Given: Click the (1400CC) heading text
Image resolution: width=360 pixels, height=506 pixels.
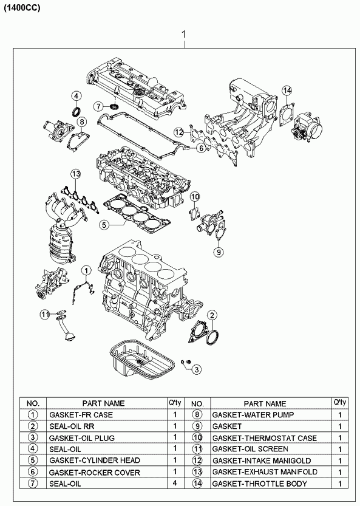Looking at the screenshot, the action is [x=22, y=9].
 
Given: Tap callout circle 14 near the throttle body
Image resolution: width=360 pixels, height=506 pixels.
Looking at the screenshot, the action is [x=287, y=91].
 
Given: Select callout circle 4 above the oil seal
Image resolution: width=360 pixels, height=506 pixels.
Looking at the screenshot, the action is [x=76, y=96].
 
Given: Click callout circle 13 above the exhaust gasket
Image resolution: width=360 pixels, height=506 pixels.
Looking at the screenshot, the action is [x=76, y=174].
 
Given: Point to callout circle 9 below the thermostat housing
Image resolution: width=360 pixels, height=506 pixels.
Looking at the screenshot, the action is [x=219, y=251].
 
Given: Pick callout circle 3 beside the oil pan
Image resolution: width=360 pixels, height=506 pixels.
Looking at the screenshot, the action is [x=197, y=369].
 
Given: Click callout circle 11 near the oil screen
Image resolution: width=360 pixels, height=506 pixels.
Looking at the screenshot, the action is [x=45, y=313].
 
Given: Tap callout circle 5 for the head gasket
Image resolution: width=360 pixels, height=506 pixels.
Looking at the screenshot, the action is [x=104, y=225].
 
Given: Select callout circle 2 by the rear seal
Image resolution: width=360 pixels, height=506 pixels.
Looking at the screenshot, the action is [x=212, y=315].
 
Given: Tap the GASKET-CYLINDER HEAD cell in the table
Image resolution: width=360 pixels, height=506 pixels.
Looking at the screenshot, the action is [x=95, y=460].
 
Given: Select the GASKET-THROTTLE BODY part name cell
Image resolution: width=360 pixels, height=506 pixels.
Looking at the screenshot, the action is [x=260, y=484].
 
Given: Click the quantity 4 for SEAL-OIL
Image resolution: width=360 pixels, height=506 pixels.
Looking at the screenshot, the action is [x=175, y=483].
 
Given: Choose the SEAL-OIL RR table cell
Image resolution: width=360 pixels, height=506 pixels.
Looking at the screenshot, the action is [x=72, y=426].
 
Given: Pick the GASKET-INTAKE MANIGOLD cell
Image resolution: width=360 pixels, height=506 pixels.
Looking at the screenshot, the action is [x=262, y=460].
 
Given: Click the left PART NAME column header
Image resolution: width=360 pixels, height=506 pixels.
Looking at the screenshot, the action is [x=103, y=403].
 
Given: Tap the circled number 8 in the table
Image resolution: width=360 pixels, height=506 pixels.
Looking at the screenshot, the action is [x=197, y=414].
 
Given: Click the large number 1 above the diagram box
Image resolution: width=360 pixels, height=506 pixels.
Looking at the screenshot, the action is [x=184, y=35].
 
